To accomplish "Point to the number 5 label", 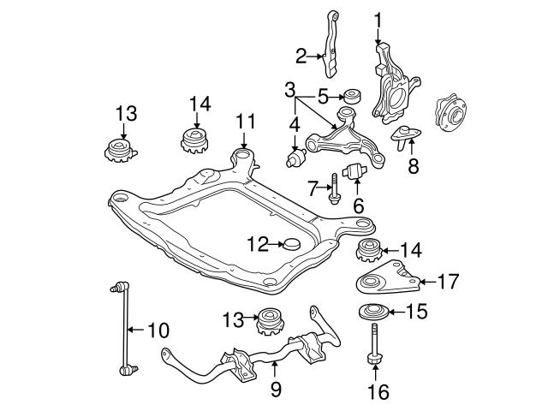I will tap(323, 95).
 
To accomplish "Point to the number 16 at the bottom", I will tap(378, 392).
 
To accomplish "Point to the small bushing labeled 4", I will tap(297, 160).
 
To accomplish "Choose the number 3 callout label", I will tap(290, 89).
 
